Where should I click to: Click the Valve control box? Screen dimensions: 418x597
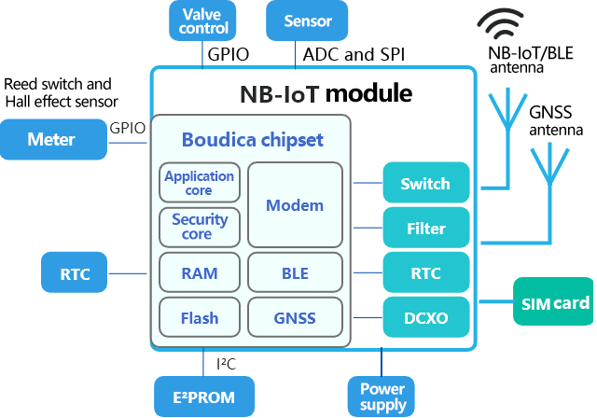pos(202,21)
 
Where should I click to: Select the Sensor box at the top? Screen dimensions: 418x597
pos(307,21)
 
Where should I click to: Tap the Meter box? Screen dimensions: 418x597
pos(52,139)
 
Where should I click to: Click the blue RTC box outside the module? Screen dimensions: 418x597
pos(75,273)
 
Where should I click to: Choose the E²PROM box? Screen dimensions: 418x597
pos(202,397)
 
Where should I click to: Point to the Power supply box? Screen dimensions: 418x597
pos(382,397)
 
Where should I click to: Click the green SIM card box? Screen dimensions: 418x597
pos(552,302)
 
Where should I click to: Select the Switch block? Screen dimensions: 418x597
pos(423,184)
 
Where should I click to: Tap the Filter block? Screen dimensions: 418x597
pos(423,228)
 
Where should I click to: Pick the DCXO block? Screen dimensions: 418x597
pos(423,318)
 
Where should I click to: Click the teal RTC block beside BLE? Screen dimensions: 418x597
pos(423,273)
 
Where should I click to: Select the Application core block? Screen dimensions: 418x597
pos(200,182)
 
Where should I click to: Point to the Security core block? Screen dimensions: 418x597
pos(200,227)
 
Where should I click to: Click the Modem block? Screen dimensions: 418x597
pos(295,204)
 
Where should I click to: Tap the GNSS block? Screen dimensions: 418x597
pos(295,318)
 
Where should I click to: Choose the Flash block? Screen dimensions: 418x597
pos(200,318)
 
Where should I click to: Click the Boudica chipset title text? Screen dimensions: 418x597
pos(252,140)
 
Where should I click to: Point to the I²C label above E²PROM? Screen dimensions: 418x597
pos(226,362)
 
